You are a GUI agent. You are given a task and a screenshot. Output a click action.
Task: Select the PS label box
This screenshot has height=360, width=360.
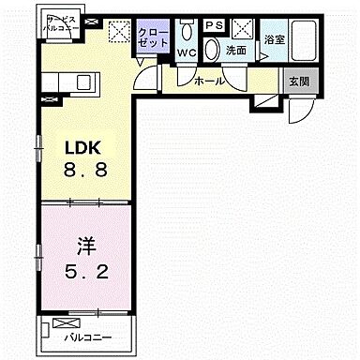point(215,25)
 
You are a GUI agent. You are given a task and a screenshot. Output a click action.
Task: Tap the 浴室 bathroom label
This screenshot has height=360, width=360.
point(274,39)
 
